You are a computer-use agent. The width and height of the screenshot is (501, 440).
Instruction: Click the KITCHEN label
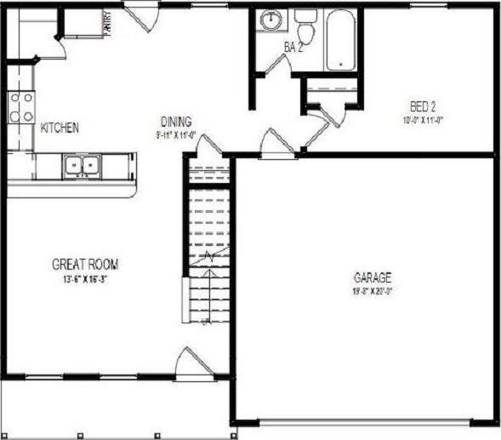pos(60,128)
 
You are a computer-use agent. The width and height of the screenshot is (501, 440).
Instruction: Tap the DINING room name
pos(176,121)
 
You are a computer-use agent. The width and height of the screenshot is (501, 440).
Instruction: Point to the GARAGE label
pos(373,277)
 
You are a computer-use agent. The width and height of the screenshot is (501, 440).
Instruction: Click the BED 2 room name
pos(423,106)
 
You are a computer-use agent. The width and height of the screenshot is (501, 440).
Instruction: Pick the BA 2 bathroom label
pos(293,49)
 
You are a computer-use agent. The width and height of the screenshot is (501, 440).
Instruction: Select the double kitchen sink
pos(83,165)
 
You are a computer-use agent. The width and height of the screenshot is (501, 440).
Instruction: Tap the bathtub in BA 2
pos(342,39)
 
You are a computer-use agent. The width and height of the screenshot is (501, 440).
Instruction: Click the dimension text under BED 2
pos(423,119)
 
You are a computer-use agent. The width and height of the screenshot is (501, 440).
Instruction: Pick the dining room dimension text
pos(176,134)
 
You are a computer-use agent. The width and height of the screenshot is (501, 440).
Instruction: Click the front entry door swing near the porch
pos(189,367)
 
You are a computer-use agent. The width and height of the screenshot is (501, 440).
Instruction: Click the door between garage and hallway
pos(277,142)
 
